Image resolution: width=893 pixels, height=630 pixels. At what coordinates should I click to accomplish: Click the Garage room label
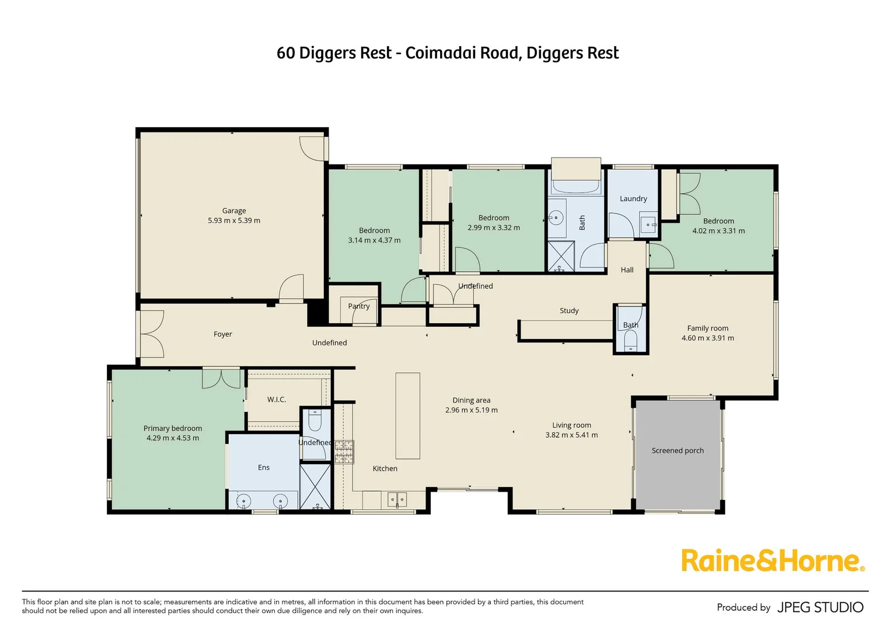234,211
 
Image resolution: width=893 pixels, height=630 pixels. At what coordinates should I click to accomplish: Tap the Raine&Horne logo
772,561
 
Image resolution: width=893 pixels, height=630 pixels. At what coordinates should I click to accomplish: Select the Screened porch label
677,450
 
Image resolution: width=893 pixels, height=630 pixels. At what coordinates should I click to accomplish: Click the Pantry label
358,306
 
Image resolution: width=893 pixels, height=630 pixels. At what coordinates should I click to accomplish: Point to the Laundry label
633,198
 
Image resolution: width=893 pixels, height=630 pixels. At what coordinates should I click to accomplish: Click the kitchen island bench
407,416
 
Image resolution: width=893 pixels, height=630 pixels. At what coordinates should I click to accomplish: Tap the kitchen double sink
397,499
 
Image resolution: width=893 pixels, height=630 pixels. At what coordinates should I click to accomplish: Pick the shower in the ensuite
315,486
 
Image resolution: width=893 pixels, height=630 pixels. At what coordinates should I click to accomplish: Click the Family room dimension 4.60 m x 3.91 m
707,338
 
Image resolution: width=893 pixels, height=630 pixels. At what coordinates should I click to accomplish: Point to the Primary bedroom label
173,428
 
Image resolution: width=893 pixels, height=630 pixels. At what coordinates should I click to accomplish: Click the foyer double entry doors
151,334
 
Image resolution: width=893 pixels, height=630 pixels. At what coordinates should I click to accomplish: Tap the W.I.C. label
276,400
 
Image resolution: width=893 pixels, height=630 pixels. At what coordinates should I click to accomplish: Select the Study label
568,310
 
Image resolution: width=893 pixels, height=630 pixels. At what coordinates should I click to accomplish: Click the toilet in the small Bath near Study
630,339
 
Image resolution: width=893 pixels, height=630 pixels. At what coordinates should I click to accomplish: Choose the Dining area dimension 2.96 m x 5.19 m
471,410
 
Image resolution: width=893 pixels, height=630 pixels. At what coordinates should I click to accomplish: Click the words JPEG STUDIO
820,607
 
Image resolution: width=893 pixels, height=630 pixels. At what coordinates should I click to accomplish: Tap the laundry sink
648,224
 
